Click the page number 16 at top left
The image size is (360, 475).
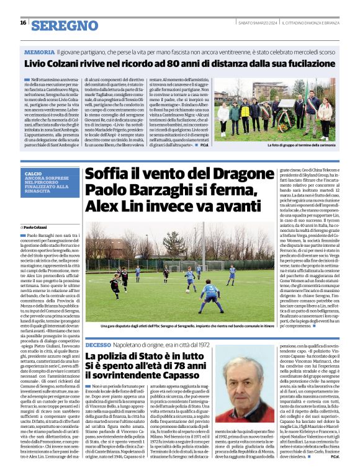click(x=23, y=23)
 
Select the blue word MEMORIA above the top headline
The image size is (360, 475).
click(x=40, y=53)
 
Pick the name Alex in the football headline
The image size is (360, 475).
click(x=98, y=205)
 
